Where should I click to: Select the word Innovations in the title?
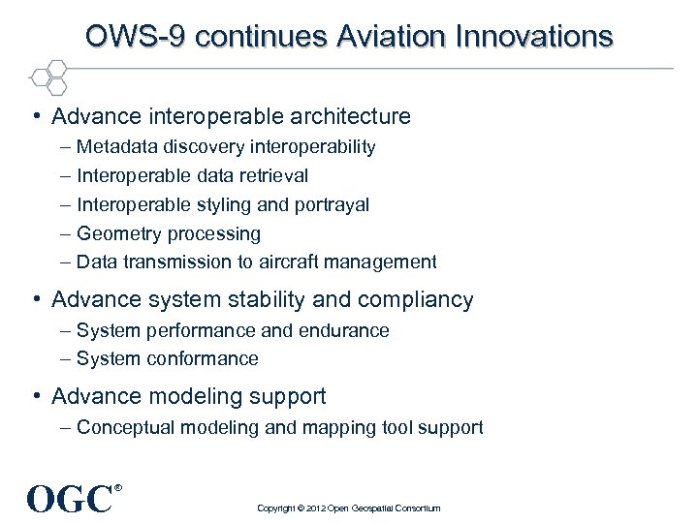pyautogui.click(x=539, y=37)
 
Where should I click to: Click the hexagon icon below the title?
pyautogui.click(x=48, y=76)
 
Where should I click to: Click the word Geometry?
pyautogui.click(x=119, y=233)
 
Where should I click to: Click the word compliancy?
pyautogui.click(x=420, y=300)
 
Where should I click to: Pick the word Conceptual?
pyautogui.click(x=124, y=427)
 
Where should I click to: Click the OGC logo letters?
pyautogui.click(x=69, y=500)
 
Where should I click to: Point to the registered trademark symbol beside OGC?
pyautogui.click(x=118, y=488)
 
